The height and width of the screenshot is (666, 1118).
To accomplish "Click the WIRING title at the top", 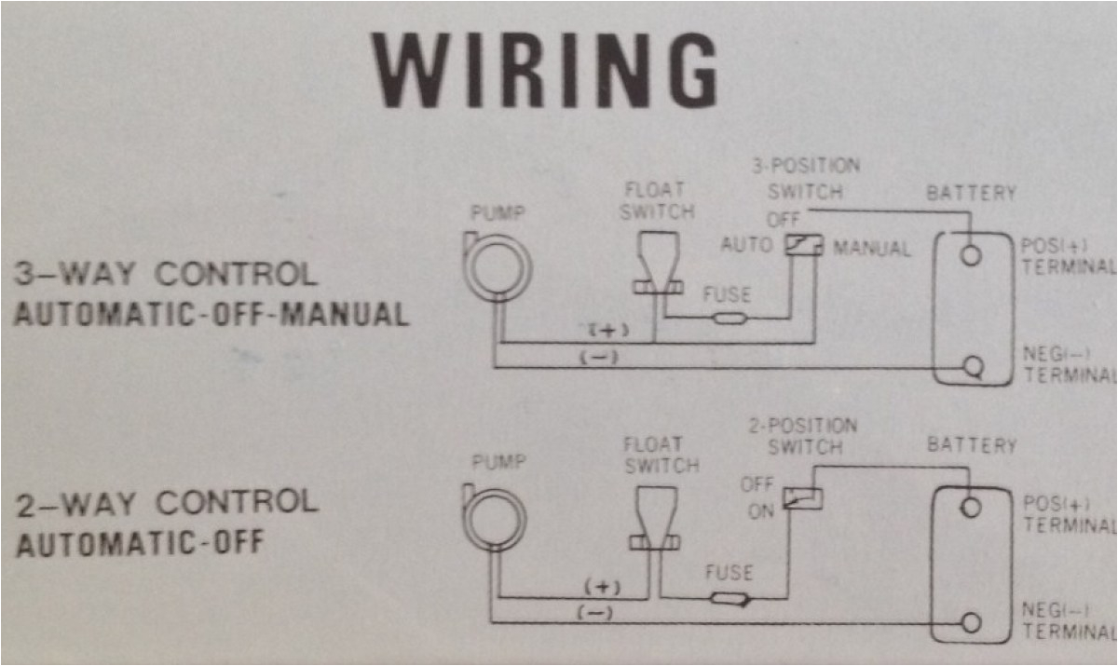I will coord(545,71).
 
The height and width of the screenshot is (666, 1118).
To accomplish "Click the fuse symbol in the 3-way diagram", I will coord(728,319).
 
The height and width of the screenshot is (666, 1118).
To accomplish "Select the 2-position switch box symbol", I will coord(801,498).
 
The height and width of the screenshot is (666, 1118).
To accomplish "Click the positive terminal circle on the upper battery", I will coord(971,254).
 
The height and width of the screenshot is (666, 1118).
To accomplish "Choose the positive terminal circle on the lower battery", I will coord(971,507).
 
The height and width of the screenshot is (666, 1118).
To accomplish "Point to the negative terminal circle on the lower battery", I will coord(971,621).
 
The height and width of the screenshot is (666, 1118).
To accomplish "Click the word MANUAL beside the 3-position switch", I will coord(872,249).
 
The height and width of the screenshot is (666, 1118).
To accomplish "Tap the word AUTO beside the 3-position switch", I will coord(746,245).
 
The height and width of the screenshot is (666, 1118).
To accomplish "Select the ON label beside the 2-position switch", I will coord(760,511).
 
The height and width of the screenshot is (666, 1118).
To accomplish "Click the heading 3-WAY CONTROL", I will coord(166,275).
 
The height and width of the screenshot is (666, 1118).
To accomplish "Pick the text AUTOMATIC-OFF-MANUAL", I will coord(211,314).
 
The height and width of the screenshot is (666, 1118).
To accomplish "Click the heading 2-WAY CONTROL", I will coord(167,504).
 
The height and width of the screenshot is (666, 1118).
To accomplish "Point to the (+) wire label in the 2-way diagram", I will coord(602,587).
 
